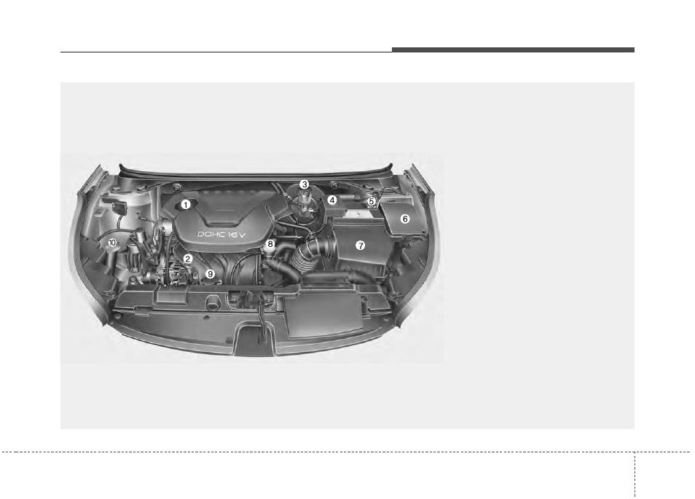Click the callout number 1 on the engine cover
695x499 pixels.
[x=186, y=205]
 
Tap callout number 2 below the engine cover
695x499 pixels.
[x=188, y=259]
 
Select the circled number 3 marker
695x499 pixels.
[x=304, y=184]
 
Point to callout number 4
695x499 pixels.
[x=332, y=200]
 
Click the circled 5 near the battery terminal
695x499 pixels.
[x=372, y=201]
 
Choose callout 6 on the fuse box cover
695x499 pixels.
[x=404, y=219]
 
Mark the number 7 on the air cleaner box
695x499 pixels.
[x=361, y=245]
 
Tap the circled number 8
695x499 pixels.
[x=270, y=244]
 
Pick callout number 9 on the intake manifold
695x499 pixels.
[x=210, y=275]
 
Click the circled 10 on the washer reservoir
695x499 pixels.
[x=112, y=243]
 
